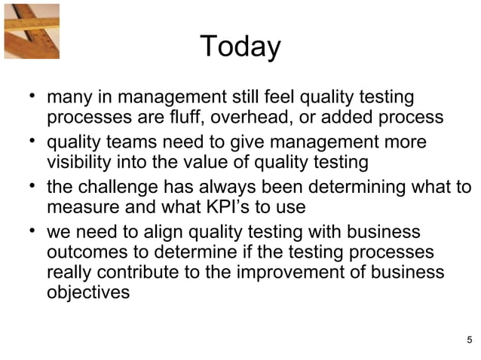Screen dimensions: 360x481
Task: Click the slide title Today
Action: [x=240, y=47]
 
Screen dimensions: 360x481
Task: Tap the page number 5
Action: [x=470, y=337]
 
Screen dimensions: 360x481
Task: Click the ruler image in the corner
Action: [x=30, y=29]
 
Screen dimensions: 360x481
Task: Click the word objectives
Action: [x=87, y=293]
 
